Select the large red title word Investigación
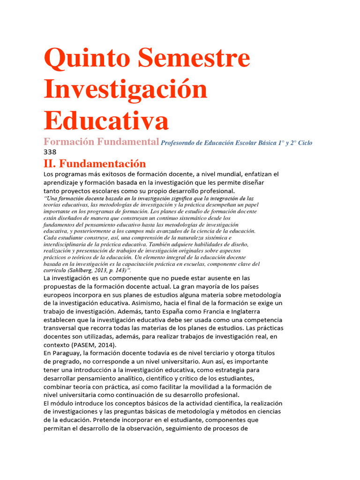[126, 89]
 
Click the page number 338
[50, 152]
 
